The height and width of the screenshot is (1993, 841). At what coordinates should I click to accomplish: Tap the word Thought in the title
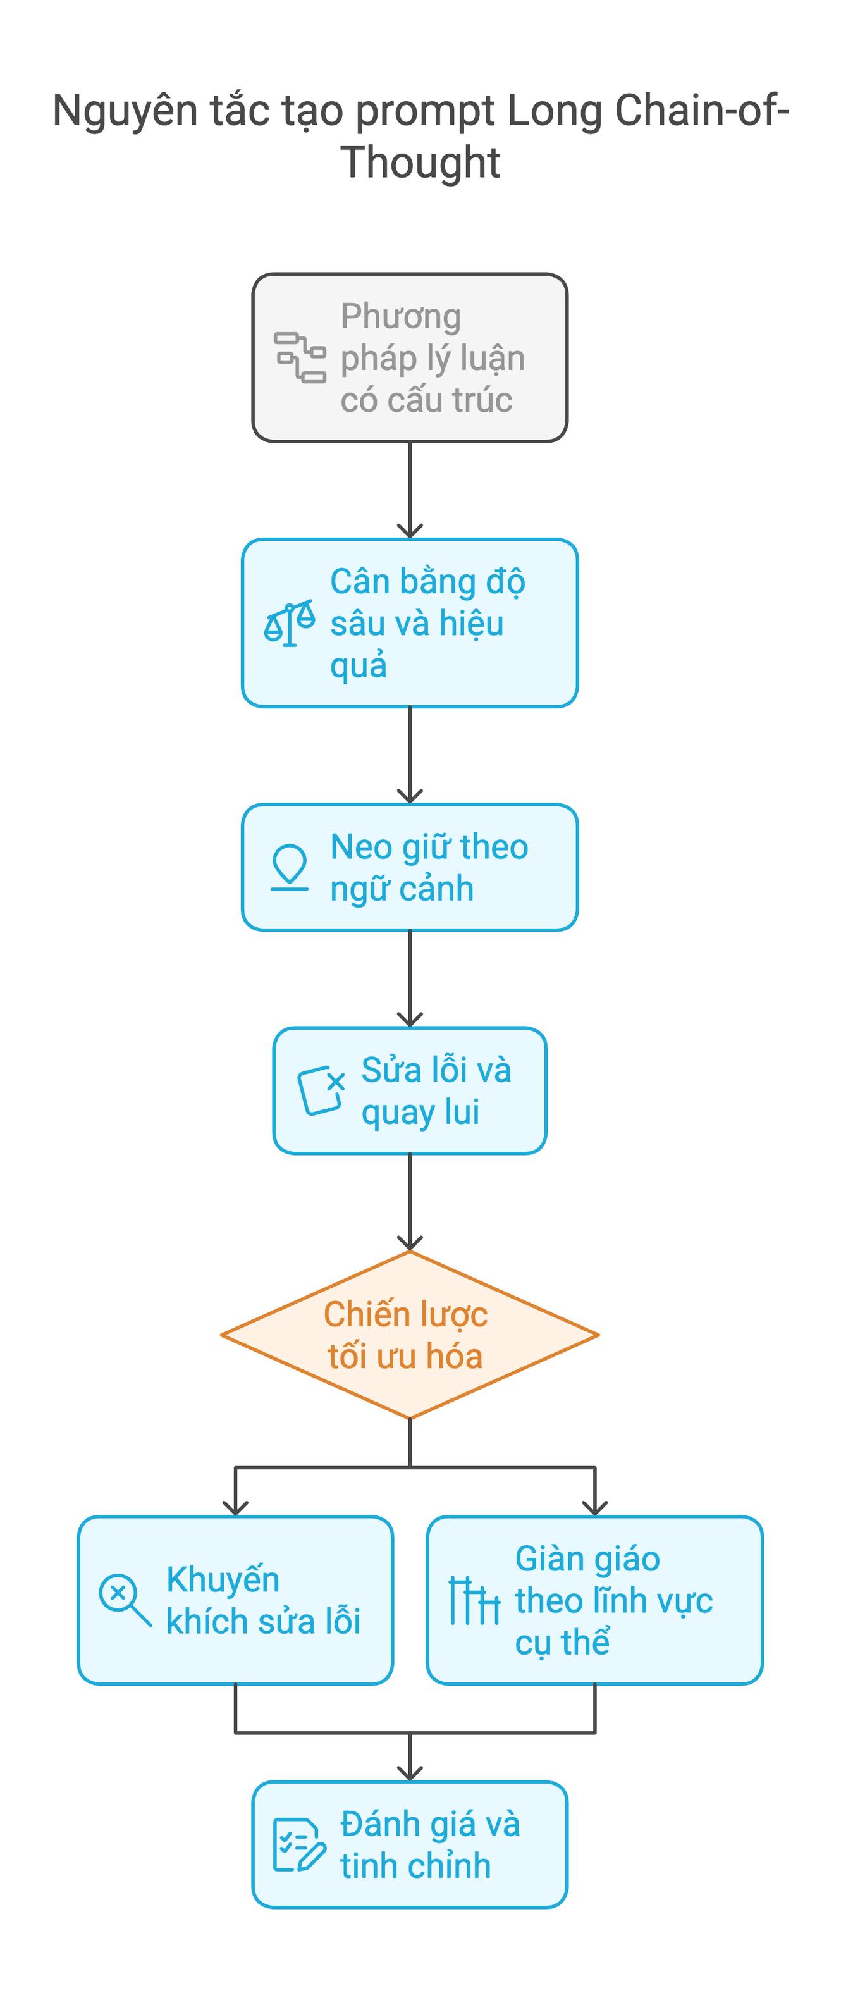tap(420, 163)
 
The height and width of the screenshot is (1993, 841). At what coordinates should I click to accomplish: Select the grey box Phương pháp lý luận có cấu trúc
tap(410, 357)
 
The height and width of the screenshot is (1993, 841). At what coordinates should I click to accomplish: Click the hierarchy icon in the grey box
tap(300, 357)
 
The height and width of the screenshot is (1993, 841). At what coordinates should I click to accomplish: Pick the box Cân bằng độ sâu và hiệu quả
tap(410, 623)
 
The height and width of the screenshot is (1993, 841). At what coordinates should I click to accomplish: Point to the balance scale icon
tap(290, 623)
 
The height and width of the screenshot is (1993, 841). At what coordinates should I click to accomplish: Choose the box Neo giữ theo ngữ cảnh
tap(410, 867)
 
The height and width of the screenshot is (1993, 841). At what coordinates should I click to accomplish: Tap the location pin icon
tap(290, 867)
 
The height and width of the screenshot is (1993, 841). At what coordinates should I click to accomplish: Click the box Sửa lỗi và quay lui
tap(410, 1091)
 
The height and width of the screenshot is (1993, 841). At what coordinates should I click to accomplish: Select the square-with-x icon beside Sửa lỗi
tap(321, 1091)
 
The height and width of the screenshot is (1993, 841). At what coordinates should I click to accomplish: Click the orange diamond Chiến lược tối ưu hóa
tap(410, 1335)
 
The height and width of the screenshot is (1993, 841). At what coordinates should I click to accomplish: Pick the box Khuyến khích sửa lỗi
tap(235, 1600)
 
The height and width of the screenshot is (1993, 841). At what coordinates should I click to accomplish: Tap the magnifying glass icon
tap(125, 1600)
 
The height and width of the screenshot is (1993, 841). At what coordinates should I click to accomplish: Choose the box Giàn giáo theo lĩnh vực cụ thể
tap(595, 1600)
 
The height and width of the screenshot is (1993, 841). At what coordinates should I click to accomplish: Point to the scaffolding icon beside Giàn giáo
tap(474, 1600)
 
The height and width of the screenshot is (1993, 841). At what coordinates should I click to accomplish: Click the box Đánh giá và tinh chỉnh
tap(410, 1844)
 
